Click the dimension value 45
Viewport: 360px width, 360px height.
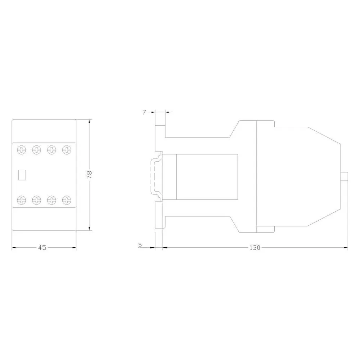pos(42,248)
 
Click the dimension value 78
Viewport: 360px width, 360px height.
pos(89,175)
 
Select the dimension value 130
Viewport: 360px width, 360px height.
pos(255,248)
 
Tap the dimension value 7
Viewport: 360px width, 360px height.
pos(144,112)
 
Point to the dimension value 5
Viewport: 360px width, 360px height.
pos(140,245)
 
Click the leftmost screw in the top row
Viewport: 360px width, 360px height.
pos(22,150)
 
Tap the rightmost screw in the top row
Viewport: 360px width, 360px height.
pos(67,150)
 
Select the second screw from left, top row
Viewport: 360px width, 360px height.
pos(36,150)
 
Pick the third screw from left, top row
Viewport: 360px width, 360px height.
pos(51,150)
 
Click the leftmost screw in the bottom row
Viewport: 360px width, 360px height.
pos(22,200)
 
